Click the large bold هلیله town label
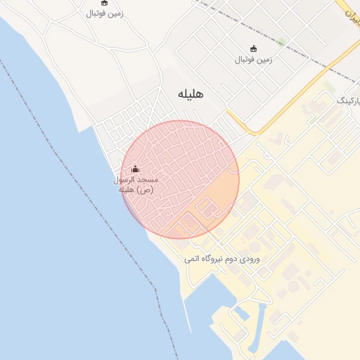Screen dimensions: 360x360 191,94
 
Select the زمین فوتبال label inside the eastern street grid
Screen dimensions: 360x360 253,59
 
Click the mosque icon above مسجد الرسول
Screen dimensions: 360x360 136,169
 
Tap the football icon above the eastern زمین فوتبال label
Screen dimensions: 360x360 253,49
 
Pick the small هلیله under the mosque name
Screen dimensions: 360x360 127,190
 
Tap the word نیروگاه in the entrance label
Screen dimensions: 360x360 210,259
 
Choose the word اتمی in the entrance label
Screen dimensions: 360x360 191,259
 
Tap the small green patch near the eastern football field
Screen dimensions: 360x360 281,41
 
